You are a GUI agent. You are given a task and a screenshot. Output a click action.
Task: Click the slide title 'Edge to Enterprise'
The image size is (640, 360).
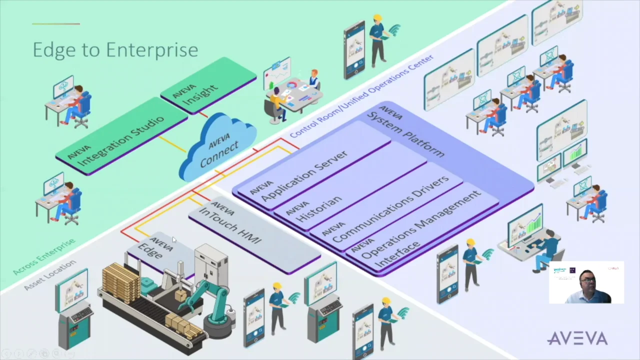[115, 50]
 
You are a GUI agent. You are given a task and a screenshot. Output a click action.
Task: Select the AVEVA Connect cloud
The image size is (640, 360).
[219, 146]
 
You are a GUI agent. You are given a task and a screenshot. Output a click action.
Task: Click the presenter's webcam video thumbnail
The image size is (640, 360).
[586, 282]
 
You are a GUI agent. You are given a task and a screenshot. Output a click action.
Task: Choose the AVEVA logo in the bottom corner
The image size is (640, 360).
[577, 338]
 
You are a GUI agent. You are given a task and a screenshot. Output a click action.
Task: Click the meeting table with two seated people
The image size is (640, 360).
[292, 95]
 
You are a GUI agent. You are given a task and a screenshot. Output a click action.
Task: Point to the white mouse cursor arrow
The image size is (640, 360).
[174, 240]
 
